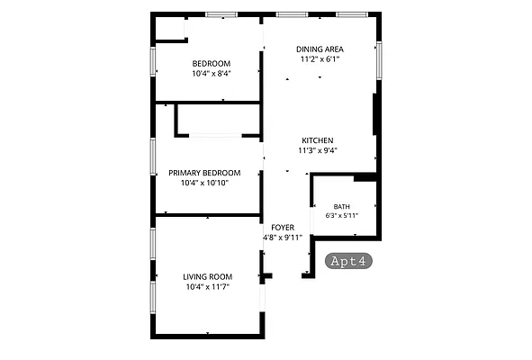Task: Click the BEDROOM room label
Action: coord(212,63)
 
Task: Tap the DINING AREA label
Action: coord(320,49)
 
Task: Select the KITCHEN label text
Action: coord(318,140)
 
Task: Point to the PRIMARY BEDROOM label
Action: coord(204,173)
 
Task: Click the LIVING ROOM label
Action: coord(208,277)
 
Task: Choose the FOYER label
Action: coord(283,228)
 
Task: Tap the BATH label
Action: coord(342,207)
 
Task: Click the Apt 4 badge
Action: coord(348,261)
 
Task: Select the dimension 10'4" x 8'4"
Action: coord(212,73)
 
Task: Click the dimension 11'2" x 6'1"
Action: coord(320,59)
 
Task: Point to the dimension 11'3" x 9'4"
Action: coord(318,150)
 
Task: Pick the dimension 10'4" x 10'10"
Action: coord(204,183)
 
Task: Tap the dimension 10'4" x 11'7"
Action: coord(208,287)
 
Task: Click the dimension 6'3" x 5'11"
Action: coord(342,215)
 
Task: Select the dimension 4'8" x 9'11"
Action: coord(283,238)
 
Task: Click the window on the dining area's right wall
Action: coord(379,60)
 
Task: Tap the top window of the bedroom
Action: coord(221,14)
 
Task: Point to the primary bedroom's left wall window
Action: coord(153,157)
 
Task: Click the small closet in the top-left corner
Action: coord(170,29)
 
